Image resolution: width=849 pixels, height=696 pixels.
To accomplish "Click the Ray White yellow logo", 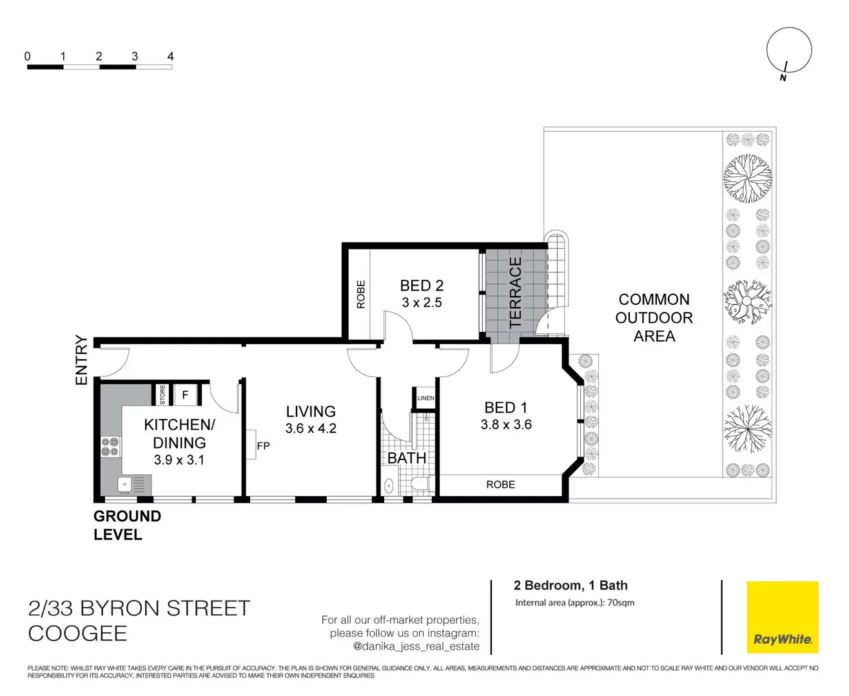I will pos(782,617).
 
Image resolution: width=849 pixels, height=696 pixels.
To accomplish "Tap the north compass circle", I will pos(788,50).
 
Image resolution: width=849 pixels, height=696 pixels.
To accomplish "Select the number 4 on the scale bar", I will pos(170,57).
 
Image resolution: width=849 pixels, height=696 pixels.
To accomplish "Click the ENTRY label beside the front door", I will pos(81,360).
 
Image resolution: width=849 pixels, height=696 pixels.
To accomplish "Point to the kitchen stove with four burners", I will pos(110,447).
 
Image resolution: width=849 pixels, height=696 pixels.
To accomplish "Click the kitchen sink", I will pos(125,483).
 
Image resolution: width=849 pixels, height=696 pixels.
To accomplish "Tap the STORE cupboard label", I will pos(162,394).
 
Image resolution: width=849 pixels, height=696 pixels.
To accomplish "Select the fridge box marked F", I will pos(185,394).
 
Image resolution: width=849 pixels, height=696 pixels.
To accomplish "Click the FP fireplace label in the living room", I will pos(263,446).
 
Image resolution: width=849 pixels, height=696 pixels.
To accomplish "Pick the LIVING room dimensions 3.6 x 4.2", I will pos(311,429).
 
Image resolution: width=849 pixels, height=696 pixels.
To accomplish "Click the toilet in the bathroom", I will pos(422,484).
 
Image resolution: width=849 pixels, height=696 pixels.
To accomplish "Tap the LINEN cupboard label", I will pos(425,398).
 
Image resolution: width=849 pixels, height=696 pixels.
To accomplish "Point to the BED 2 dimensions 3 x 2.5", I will pos(422,303).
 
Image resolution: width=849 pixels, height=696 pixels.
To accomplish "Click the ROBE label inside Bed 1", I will pos(500,485).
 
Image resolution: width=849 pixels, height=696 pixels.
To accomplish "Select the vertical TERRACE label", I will pos(515,293).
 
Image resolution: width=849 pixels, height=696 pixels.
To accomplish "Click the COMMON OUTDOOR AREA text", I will pos(654,318).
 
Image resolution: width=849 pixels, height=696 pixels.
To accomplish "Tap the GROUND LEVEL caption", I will pos(127,525).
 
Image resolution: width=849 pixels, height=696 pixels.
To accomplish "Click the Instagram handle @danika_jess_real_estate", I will pos(416,646).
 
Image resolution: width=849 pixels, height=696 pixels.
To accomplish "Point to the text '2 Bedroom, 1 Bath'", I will pos(571,585).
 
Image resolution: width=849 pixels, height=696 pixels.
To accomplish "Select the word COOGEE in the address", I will pos(77,633).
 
